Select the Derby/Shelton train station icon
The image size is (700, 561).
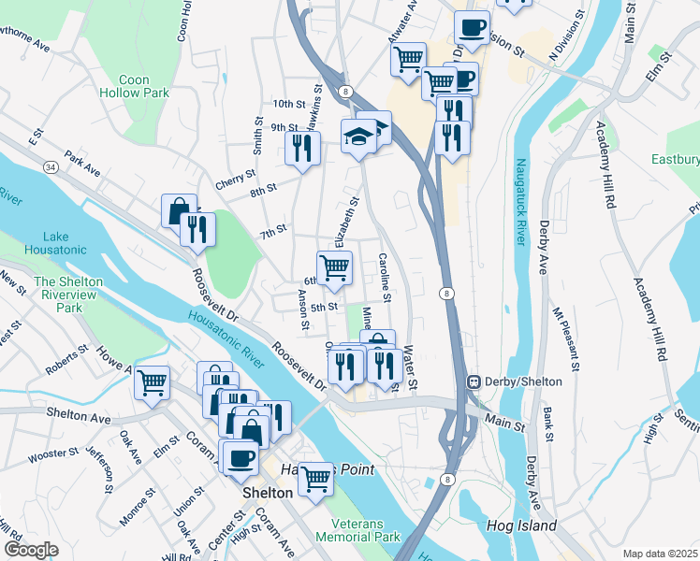click(x=474, y=381)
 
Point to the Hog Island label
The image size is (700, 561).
click(x=521, y=525)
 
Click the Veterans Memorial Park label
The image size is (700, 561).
click(x=357, y=529)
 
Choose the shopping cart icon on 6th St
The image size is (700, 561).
click(x=334, y=267)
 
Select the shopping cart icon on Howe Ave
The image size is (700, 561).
click(x=152, y=381)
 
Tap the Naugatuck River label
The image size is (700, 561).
click(x=519, y=214)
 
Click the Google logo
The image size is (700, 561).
click(x=31, y=550)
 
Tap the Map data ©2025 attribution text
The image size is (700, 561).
click(x=660, y=554)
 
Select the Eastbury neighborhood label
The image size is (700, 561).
click(x=676, y=160)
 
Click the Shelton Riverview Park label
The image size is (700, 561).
click(x=69, y=294)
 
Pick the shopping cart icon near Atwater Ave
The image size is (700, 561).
click(x=408, y=59)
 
